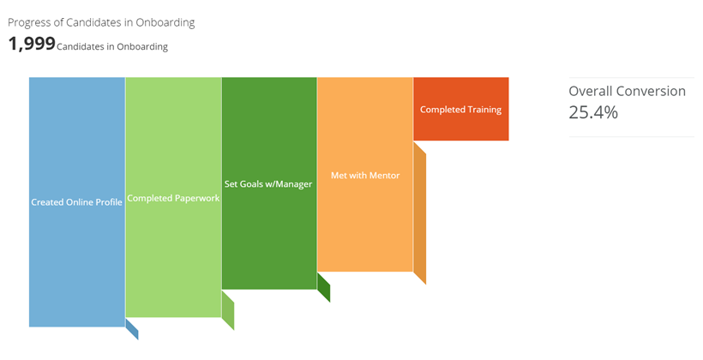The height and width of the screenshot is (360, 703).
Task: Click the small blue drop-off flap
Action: point(132,329)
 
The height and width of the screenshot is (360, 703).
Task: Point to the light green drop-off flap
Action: point(228,310)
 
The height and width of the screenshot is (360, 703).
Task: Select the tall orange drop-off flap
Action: point(419,213)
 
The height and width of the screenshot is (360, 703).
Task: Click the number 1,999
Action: point(32,44)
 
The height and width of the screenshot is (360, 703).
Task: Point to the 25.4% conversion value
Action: point(593,112)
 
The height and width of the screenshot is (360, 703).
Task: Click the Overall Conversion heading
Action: point(628,91)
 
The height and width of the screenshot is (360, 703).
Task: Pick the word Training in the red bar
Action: point(484,110)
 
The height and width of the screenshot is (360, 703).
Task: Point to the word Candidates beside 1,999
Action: point(79,46)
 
